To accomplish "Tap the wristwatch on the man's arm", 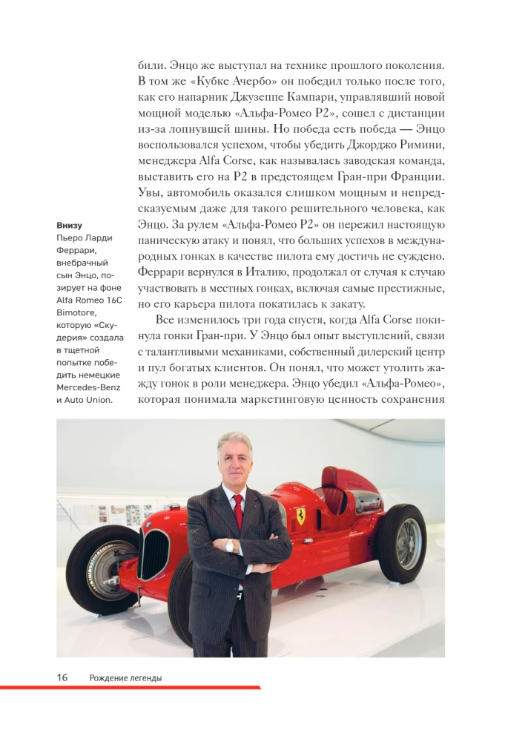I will click(x=230, y=546).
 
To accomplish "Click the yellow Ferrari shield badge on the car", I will click(x=300, y=516).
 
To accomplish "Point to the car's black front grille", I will click(x=154, y=553).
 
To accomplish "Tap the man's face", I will click(x=235, y=460).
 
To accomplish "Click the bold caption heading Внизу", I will click(x=69, y=226).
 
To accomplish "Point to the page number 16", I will click(x=62, y=677).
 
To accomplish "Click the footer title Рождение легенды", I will click(x=125, y=677).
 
